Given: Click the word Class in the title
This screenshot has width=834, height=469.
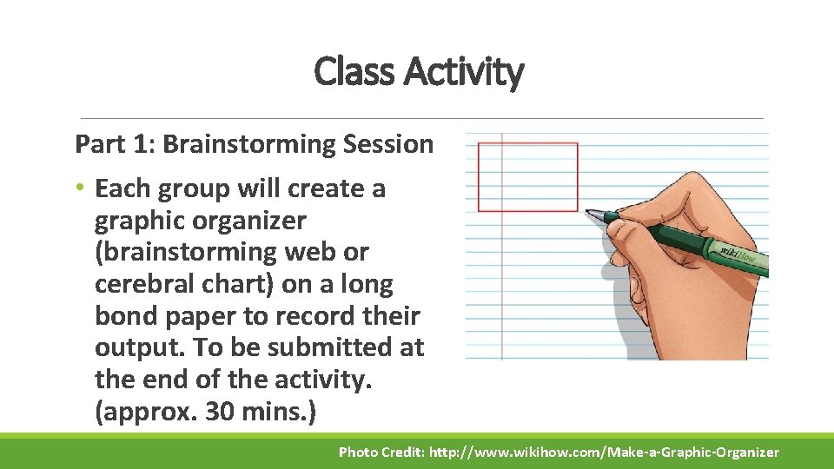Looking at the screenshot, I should pyautogui.click(x=347, y=72).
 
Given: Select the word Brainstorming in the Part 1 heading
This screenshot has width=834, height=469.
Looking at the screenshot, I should pyautogui.click(x=241, y=144).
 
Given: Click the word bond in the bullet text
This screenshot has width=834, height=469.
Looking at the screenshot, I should pyautogui.click(x=124, y=315).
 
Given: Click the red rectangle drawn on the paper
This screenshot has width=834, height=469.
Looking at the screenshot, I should pyautogui.click(x=527, y=177).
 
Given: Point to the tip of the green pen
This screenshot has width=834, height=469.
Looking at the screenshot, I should pyautogui.click(x=589, y=211).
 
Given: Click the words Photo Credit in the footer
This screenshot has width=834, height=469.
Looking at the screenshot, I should pyautogui.click(x=381, y=452).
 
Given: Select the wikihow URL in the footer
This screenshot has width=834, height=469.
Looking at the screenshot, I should pyautogui.click(x=605, y=452).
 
